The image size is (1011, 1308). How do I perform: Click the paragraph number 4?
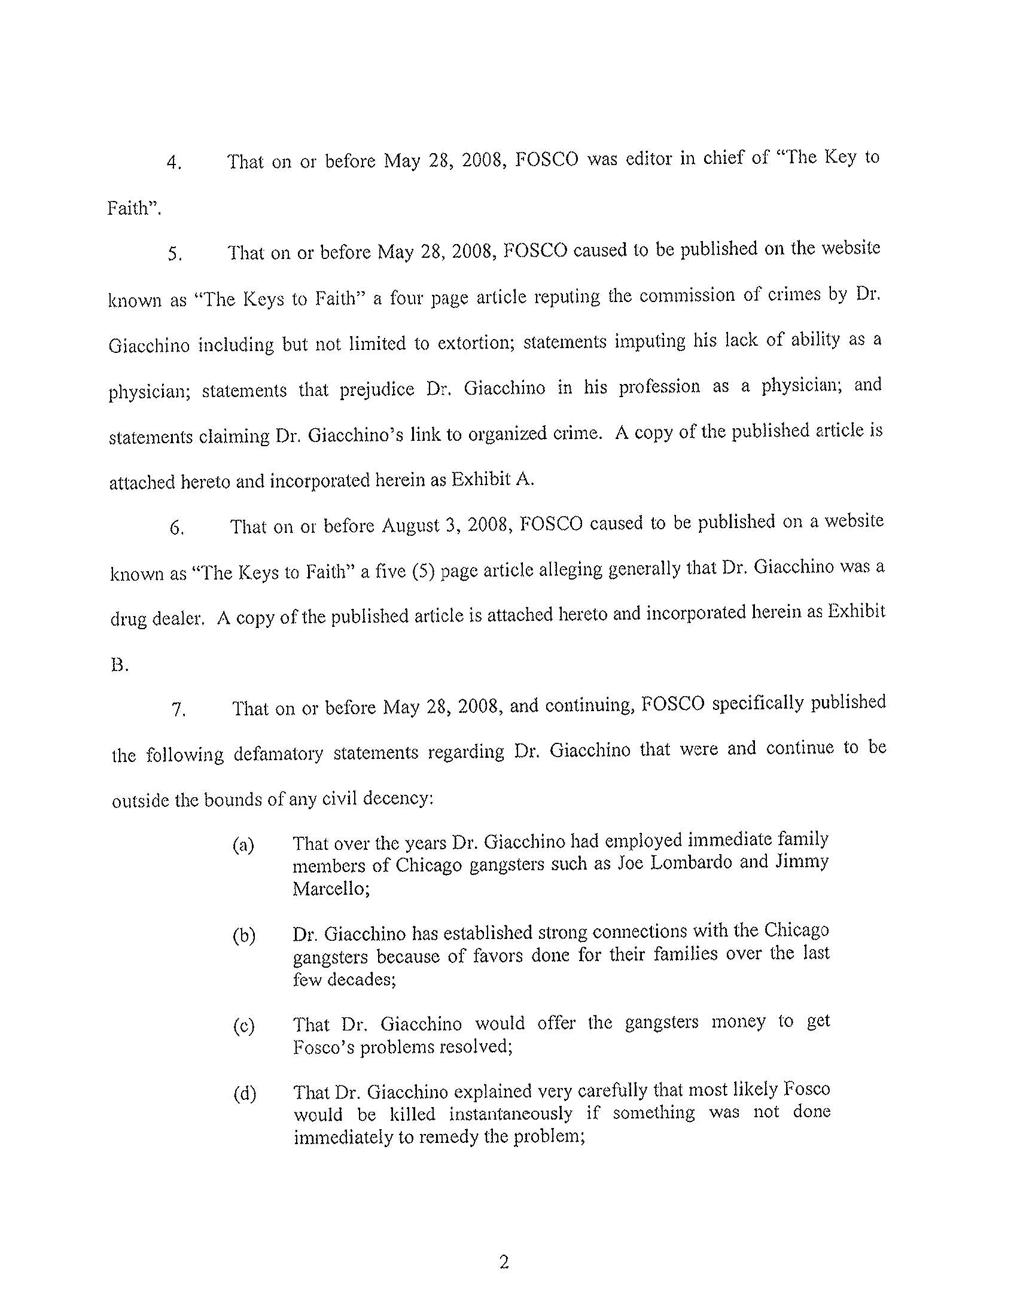pos(173,163)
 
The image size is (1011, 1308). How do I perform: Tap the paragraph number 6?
pos(176,528)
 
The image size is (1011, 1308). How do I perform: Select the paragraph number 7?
pos(179,711)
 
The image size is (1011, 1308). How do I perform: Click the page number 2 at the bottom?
pos(504,1262)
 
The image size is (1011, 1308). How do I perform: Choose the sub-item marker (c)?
pos(243,1026)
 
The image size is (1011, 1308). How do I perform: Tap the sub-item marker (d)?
pos(243,1094)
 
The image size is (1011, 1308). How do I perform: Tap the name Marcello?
pos(330,888)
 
